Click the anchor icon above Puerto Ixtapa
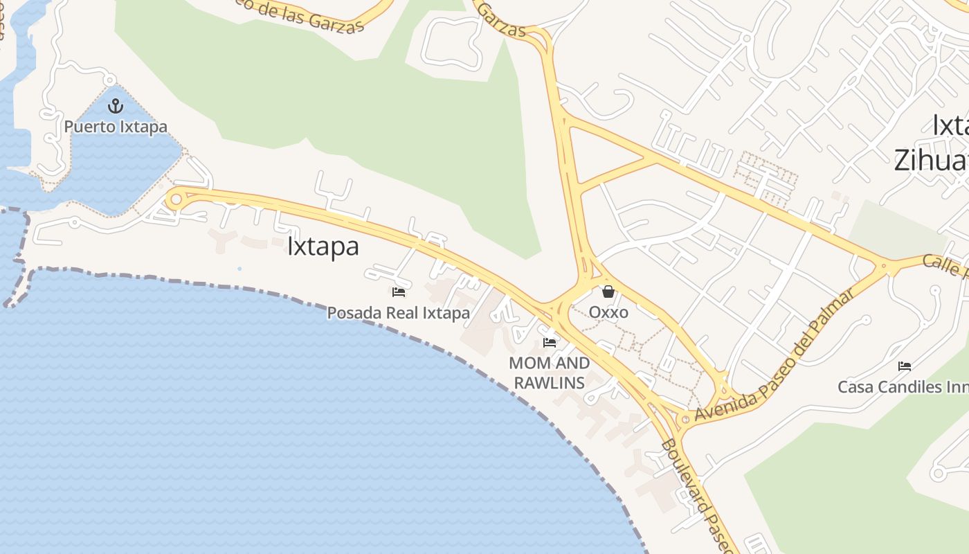pos(116,106)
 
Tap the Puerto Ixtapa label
pos(116,127)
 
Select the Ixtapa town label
pos(323,247)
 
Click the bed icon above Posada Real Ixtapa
pos(399,292)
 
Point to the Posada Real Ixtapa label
pos(398,313)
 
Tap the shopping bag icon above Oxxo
pos(608,292)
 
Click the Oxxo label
pos(608,312)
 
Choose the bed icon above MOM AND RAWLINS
pos(550,342)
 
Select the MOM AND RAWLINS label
pos(550,373)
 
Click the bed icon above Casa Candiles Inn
pos(904,366)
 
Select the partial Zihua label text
pos(930,160)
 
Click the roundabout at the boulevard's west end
pos(176,199)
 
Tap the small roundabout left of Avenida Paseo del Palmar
pos(685,418)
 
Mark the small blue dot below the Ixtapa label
pos(239,269)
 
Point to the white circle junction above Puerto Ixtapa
pos(109,81)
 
